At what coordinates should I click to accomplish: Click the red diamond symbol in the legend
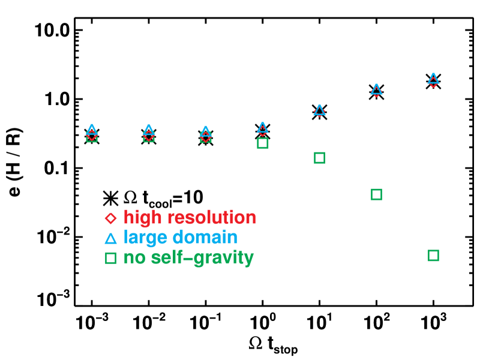coord(110,218)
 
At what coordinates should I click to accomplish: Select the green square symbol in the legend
coord(110,259)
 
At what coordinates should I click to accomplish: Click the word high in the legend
coord(143,218)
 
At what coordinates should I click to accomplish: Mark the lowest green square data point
coord(433,256)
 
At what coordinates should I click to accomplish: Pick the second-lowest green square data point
coord(376,194)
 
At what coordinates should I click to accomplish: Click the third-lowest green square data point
coord(319,158)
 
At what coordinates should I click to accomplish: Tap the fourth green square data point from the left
coord(262,143)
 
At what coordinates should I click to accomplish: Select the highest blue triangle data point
coord(433,79)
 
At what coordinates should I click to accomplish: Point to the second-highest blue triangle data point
coord(376,89)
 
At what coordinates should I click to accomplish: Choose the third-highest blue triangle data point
coord(319,110)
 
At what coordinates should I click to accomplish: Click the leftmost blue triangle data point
coord(91,130)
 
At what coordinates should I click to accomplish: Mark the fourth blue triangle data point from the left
coord(262,127)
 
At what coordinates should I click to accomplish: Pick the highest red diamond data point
coord(433,82)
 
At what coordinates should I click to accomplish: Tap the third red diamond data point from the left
coord(205,137)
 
